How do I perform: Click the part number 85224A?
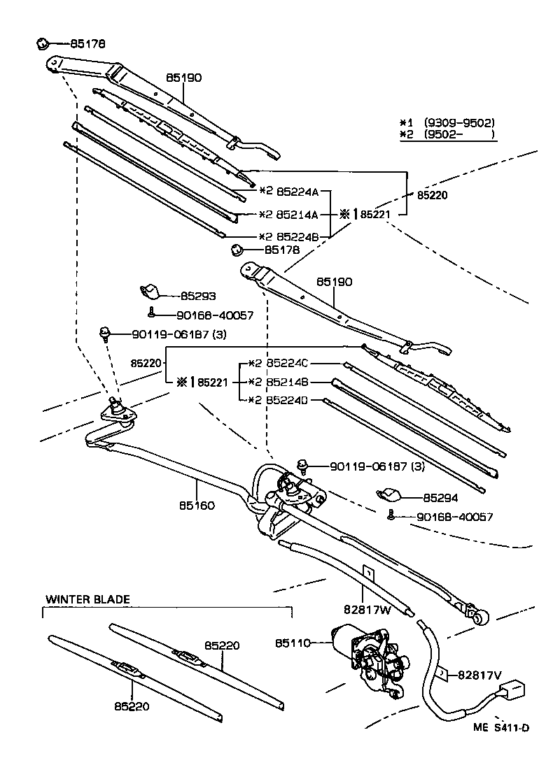(x=297, y=191)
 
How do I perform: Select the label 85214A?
(x=297, y=214)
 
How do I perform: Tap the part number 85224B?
(x=297, y=237)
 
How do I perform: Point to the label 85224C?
(x=288, y=364)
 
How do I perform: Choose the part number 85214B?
(x=288, y=382)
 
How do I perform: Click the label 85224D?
(x=288, y=401)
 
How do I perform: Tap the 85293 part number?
(x=198, y=296)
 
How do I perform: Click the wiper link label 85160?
(x=197, y=505)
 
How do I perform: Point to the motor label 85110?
(x=293, y=642)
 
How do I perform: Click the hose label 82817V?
(x=479, y=675)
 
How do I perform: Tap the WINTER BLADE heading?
(x=87, y=599)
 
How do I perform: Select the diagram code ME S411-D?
(x=500, y=727)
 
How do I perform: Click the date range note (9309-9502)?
(x=459, y=122)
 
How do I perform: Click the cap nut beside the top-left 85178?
(x=41, y=44)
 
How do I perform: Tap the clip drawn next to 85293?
(x=150, y=292)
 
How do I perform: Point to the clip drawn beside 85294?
(x=389, y=496)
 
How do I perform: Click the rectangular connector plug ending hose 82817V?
(x=514, y=692)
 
